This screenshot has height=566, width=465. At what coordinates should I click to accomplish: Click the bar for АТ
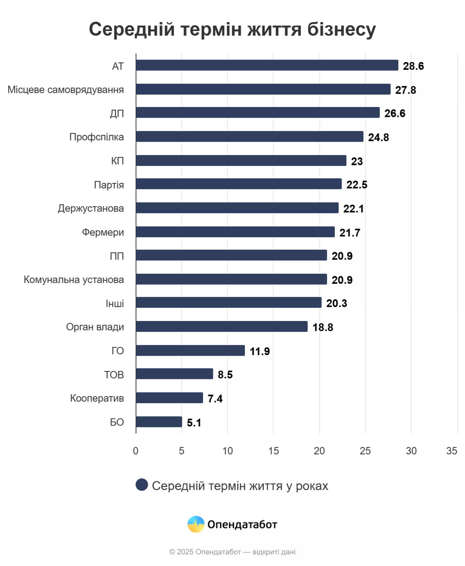[x=267, y=65]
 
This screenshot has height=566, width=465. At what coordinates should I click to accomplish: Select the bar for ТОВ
[x=174, y=374]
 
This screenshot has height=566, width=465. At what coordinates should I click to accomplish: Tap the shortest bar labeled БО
[x=159, y=422]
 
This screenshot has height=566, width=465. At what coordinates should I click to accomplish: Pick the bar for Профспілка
[x=250, y=136]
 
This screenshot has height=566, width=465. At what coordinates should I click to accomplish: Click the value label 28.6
[x=413, y=66]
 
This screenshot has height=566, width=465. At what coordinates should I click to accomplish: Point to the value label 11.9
[x=260, y=351]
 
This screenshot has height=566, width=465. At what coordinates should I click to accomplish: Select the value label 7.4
[x=215, y=399]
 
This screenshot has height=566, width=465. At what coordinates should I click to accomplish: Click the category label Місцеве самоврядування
[x=66, y=90]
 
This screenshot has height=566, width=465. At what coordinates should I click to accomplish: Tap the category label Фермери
[x=103, y=232]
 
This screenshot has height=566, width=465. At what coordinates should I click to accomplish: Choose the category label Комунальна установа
[x=74, y=280]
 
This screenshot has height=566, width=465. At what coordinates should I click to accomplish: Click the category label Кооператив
[x=97, y=398]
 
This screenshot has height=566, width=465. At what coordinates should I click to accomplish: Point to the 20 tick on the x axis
[x=319, y=451]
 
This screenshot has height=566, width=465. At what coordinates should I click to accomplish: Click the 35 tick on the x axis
[x=451, y=451]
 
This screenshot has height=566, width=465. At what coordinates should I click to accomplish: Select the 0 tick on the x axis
[x=135, y=451]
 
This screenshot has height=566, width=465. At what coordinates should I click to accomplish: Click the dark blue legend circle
[x=142, y=485]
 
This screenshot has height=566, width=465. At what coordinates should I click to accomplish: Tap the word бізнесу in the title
[x=341, y=29]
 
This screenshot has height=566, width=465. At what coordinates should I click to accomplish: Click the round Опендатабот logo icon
[x=196, y=524]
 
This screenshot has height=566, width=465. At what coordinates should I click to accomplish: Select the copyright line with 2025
[x=232, y=552]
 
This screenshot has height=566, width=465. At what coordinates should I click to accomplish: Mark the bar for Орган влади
[x=222, y=327]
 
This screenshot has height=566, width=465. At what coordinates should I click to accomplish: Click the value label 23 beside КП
[x=356, y=161]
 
